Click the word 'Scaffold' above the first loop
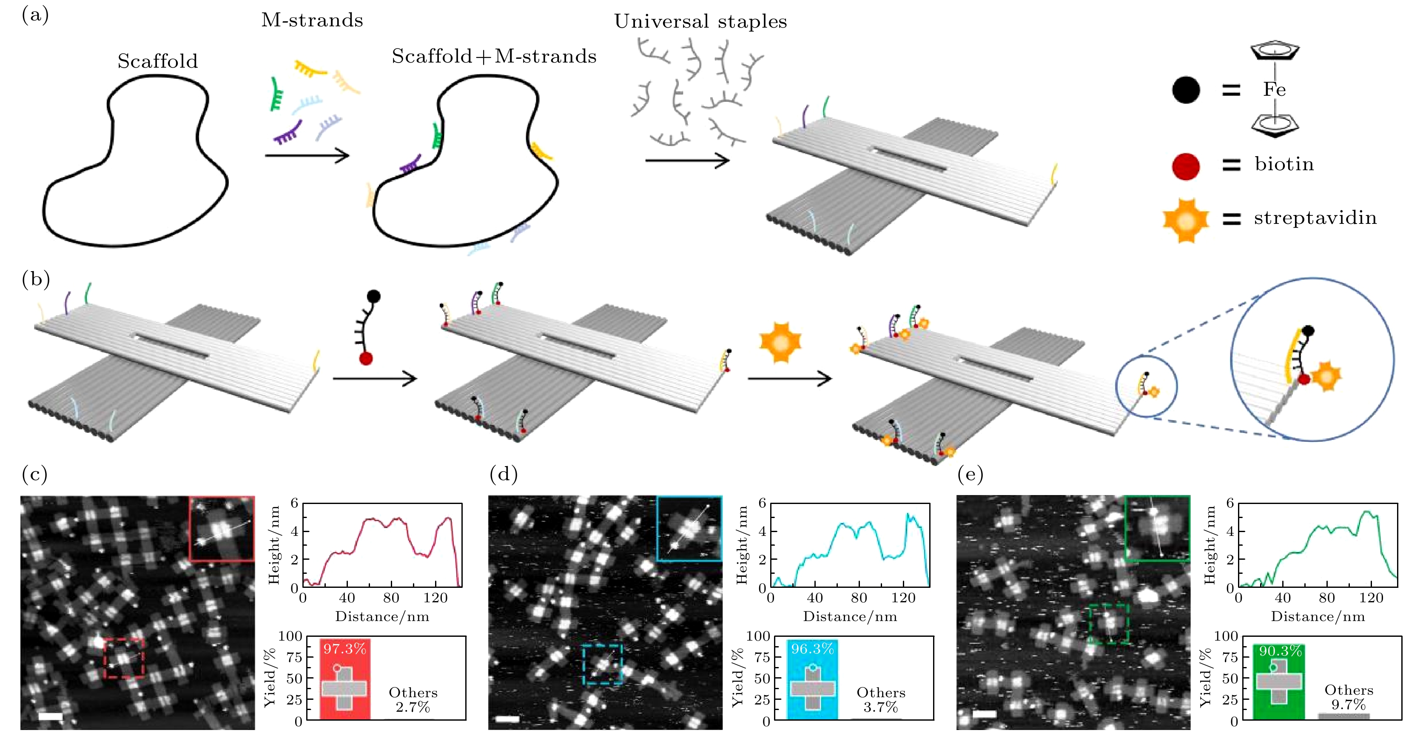tap(157, 61)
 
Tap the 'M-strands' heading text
tap(312, 20)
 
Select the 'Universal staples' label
tap(700, 22)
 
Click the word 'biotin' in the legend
tap(1284, 164)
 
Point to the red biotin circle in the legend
tap(1185, 166)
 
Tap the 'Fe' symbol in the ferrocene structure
tap(1274, 89)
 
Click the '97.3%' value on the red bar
tap(345, 648)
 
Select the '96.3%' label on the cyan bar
tap(812, 648)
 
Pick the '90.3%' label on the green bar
tap(1281, 651)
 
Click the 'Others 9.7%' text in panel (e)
tap(1349, 697)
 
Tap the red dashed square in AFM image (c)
tap(124, 658)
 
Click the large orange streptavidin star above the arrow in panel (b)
tap(780, 343)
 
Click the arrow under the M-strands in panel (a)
tap(307, 155)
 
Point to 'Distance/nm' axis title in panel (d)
tap(850, 616)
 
